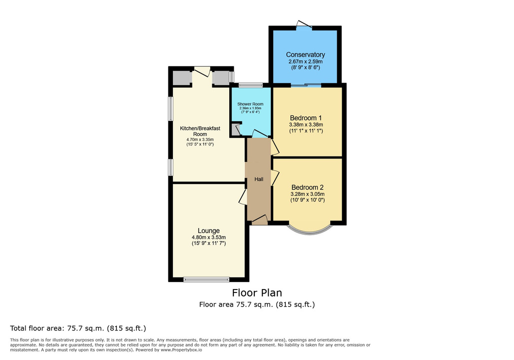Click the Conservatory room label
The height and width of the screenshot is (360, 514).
(305, 54)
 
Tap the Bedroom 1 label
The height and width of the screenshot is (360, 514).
(306, 118)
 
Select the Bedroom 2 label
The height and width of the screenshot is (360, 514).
(308, 187)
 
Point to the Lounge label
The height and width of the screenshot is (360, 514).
(208, 230)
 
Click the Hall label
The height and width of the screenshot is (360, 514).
(259, 179)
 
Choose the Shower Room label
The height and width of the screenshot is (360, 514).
(250, 104)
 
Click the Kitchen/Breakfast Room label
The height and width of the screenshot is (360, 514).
(200, 131)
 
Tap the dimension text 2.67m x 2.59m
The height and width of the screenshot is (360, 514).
(305, 61)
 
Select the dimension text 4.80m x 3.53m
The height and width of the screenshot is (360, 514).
(208, 237)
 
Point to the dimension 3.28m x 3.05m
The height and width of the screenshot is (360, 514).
(308, 194)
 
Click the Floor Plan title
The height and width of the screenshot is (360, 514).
(257, 292)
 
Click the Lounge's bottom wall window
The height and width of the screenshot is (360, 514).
(206, 279)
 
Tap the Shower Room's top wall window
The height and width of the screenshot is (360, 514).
(251, 85)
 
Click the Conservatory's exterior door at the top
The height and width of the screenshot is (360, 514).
(305, 24)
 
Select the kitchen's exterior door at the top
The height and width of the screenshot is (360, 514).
(202, 71)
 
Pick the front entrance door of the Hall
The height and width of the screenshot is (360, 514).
(260, 220)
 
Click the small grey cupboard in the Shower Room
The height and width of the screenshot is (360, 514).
(235, 129)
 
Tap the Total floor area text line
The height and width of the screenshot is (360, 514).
(78, 328)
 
